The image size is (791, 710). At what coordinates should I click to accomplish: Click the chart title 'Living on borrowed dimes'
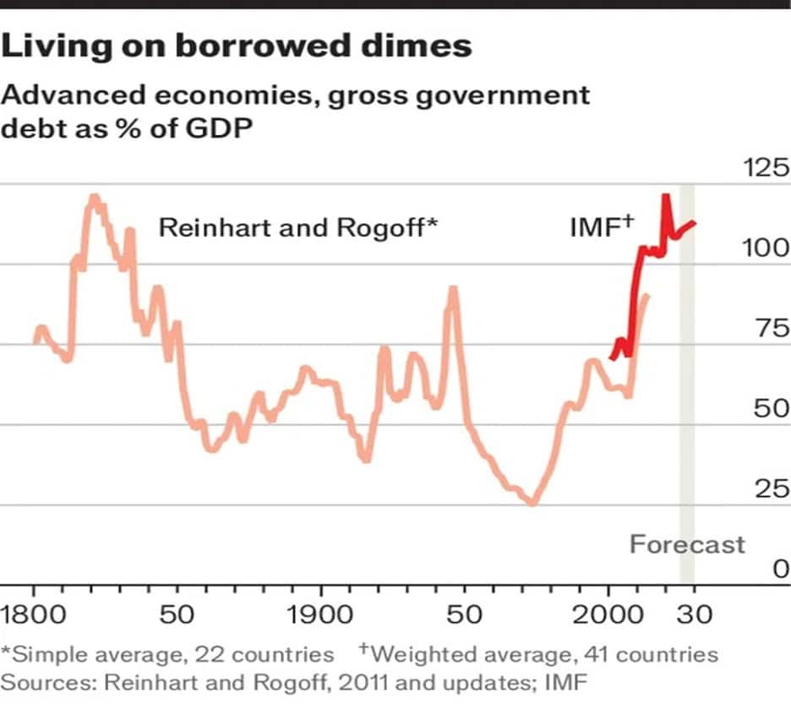click(x=237, y=46)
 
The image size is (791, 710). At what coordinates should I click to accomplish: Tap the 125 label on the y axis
click(x=765, y=167)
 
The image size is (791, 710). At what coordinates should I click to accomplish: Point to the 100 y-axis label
click(x=765, y=248)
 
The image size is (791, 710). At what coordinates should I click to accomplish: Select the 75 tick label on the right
click(x=772, y=329)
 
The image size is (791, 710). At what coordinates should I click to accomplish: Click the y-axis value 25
click(x=772, y=489)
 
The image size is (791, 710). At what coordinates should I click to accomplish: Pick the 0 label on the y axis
click(x=780, y=570)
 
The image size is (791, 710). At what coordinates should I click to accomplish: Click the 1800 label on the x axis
click(x=35, y=614)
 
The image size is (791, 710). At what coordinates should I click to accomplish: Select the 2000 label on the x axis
click(x=608, y=614)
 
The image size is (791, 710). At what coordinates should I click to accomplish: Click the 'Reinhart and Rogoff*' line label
click(x=299, y=227)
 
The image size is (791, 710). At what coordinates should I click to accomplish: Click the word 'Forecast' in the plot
click(x=687, y=543)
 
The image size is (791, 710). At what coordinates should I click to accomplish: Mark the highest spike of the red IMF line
click(x=666, y=197)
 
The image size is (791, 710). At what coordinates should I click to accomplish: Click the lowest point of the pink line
click(x=532, y=502)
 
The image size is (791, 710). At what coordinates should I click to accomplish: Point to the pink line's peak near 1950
click(x=453, y=290)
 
